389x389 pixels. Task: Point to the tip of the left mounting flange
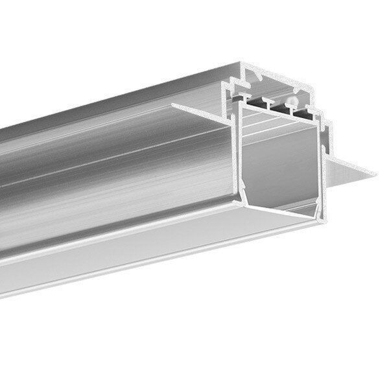click(174, 104)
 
